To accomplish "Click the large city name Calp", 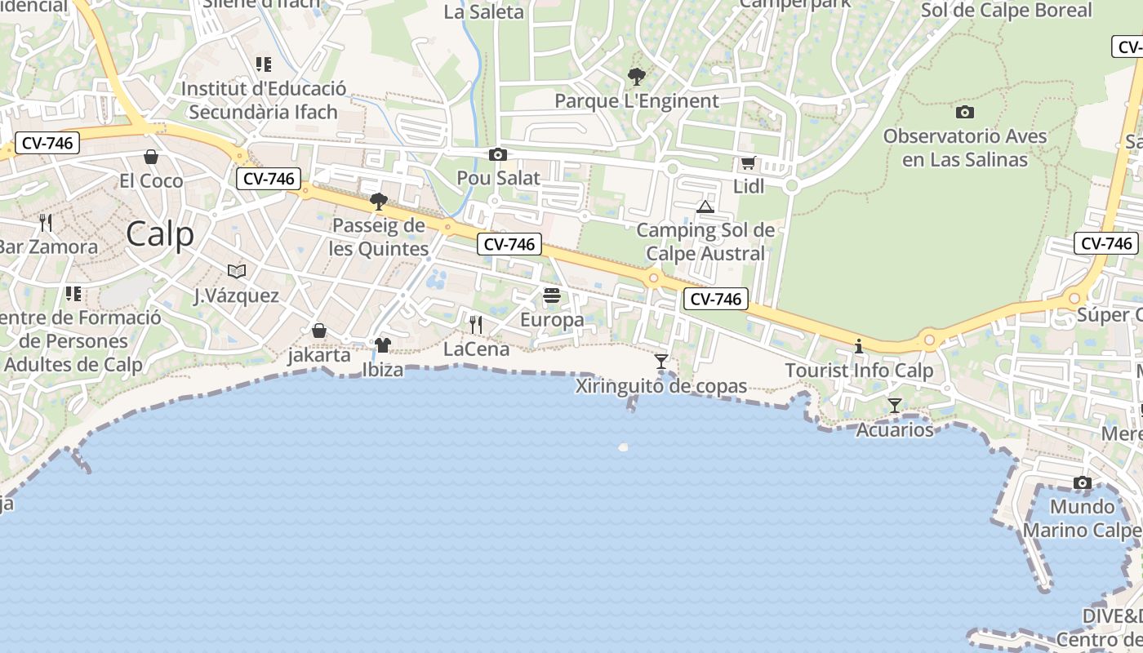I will (x=160, y=235).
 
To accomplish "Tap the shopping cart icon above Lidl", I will (x=748, y=163).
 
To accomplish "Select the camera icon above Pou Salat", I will (x=497, y=154).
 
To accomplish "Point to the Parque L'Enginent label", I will (x=637, y=101).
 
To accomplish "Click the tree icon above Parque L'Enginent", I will (x=636, y=78).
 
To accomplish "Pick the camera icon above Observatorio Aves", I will (x=964, y=112).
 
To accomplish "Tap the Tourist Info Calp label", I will (x=859, y=371).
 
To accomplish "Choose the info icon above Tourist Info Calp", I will (x=858, y=347).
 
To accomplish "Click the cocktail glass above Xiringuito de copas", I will (x=661, y=361).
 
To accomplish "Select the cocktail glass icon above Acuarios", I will (x=895, y=405).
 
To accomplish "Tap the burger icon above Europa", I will (x=552, y=295).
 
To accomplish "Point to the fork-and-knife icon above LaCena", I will (x=476, y=325).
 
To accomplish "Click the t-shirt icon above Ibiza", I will (x=383, y=345).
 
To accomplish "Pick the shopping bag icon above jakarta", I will (x=319, y=331).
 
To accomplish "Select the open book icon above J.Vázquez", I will (x=237, y=271).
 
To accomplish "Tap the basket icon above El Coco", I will (x=151, y=157).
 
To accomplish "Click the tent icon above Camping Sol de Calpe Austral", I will (x=705, y=207).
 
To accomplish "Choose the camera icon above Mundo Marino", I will (x=1083, y=483).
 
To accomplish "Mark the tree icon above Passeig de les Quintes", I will (x=378, y=201).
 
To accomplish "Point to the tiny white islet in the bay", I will (x=624, y=446).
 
